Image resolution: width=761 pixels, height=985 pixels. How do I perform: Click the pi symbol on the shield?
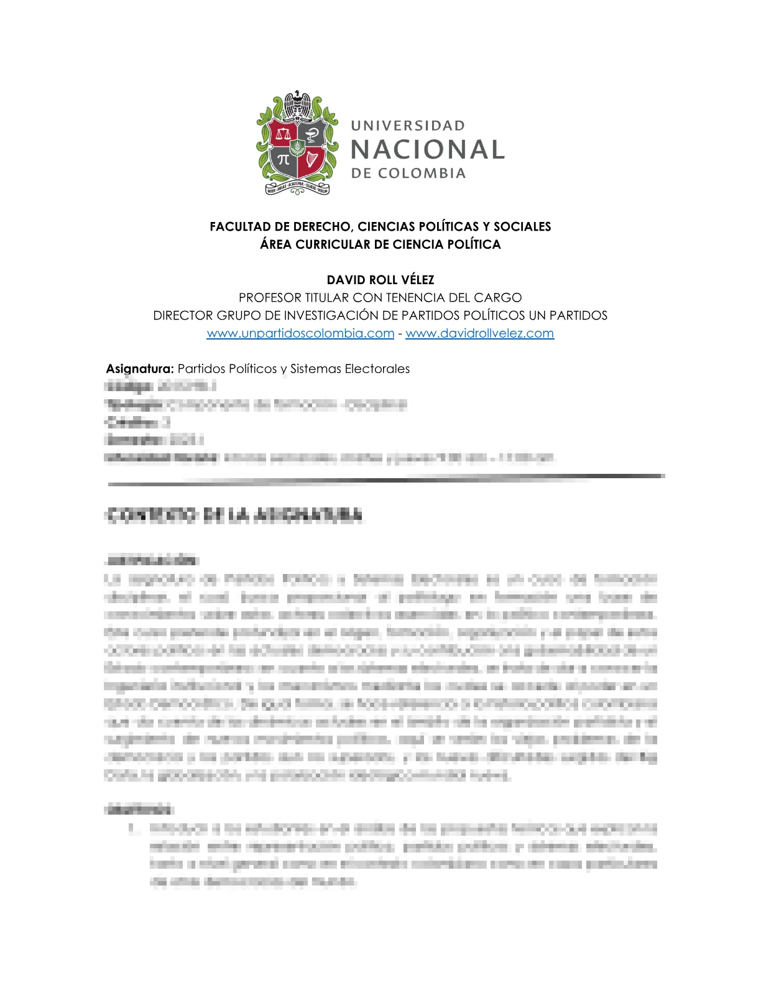[284, 159]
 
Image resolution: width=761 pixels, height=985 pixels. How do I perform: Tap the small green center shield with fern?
[298, 147]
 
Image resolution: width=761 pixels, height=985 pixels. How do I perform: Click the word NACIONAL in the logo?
[428, 150]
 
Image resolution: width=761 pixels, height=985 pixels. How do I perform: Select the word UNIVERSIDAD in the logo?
[408, 126]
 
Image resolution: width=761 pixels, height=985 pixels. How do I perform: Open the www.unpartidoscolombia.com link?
[300, 333]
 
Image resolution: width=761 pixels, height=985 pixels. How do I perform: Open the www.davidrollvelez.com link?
[479, 333]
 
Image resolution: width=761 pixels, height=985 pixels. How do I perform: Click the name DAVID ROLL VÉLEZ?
[380, 280]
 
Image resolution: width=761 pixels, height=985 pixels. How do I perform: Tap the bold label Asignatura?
[140, 369]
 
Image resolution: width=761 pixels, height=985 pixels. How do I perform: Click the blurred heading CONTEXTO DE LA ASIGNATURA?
[234, 515]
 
